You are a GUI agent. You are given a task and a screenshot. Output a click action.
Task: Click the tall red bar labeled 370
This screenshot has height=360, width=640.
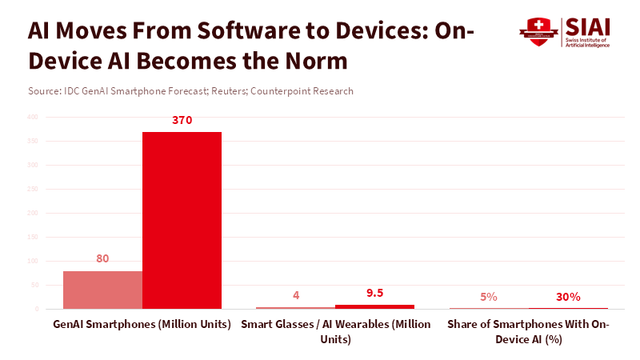[x=182, y=220]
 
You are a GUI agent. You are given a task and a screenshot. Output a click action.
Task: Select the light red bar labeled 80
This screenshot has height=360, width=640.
[x=102, y=290]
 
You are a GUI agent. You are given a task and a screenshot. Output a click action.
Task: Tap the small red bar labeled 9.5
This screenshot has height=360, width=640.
[x=374, y=306]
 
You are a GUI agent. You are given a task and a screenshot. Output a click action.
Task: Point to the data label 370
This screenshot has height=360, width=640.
[x=182, y=121]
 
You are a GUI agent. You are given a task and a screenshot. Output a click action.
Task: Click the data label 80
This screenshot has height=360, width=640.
[x=102, y=258]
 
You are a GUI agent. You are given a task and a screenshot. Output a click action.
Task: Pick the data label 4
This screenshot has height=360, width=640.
[x=296, y=295]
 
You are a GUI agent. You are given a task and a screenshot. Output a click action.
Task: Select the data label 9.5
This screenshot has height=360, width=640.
[x=374, y=293]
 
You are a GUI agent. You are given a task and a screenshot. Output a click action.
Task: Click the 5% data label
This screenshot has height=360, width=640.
[x=489, y=297]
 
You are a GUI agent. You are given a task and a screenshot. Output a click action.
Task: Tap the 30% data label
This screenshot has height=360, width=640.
[x=568, y=297]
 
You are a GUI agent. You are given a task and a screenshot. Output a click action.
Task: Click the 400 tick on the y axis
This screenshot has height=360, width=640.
[x=33, y=117]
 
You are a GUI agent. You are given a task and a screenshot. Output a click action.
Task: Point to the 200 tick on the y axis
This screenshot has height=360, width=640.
[x=33, y=213]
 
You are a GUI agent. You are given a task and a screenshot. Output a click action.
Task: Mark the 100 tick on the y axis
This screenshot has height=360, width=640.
[x=33, y=261]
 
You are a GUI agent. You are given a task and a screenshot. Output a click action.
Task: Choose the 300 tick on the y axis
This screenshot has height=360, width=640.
[x=33, y=165]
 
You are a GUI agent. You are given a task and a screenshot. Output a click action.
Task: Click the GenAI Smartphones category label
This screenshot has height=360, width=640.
[x=142, y=324]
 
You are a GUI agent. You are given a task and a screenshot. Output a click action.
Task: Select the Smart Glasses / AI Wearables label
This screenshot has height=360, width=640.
[x=335, y=331]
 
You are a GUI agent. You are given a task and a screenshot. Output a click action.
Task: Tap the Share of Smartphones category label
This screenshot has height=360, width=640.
[x=528, y=331]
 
